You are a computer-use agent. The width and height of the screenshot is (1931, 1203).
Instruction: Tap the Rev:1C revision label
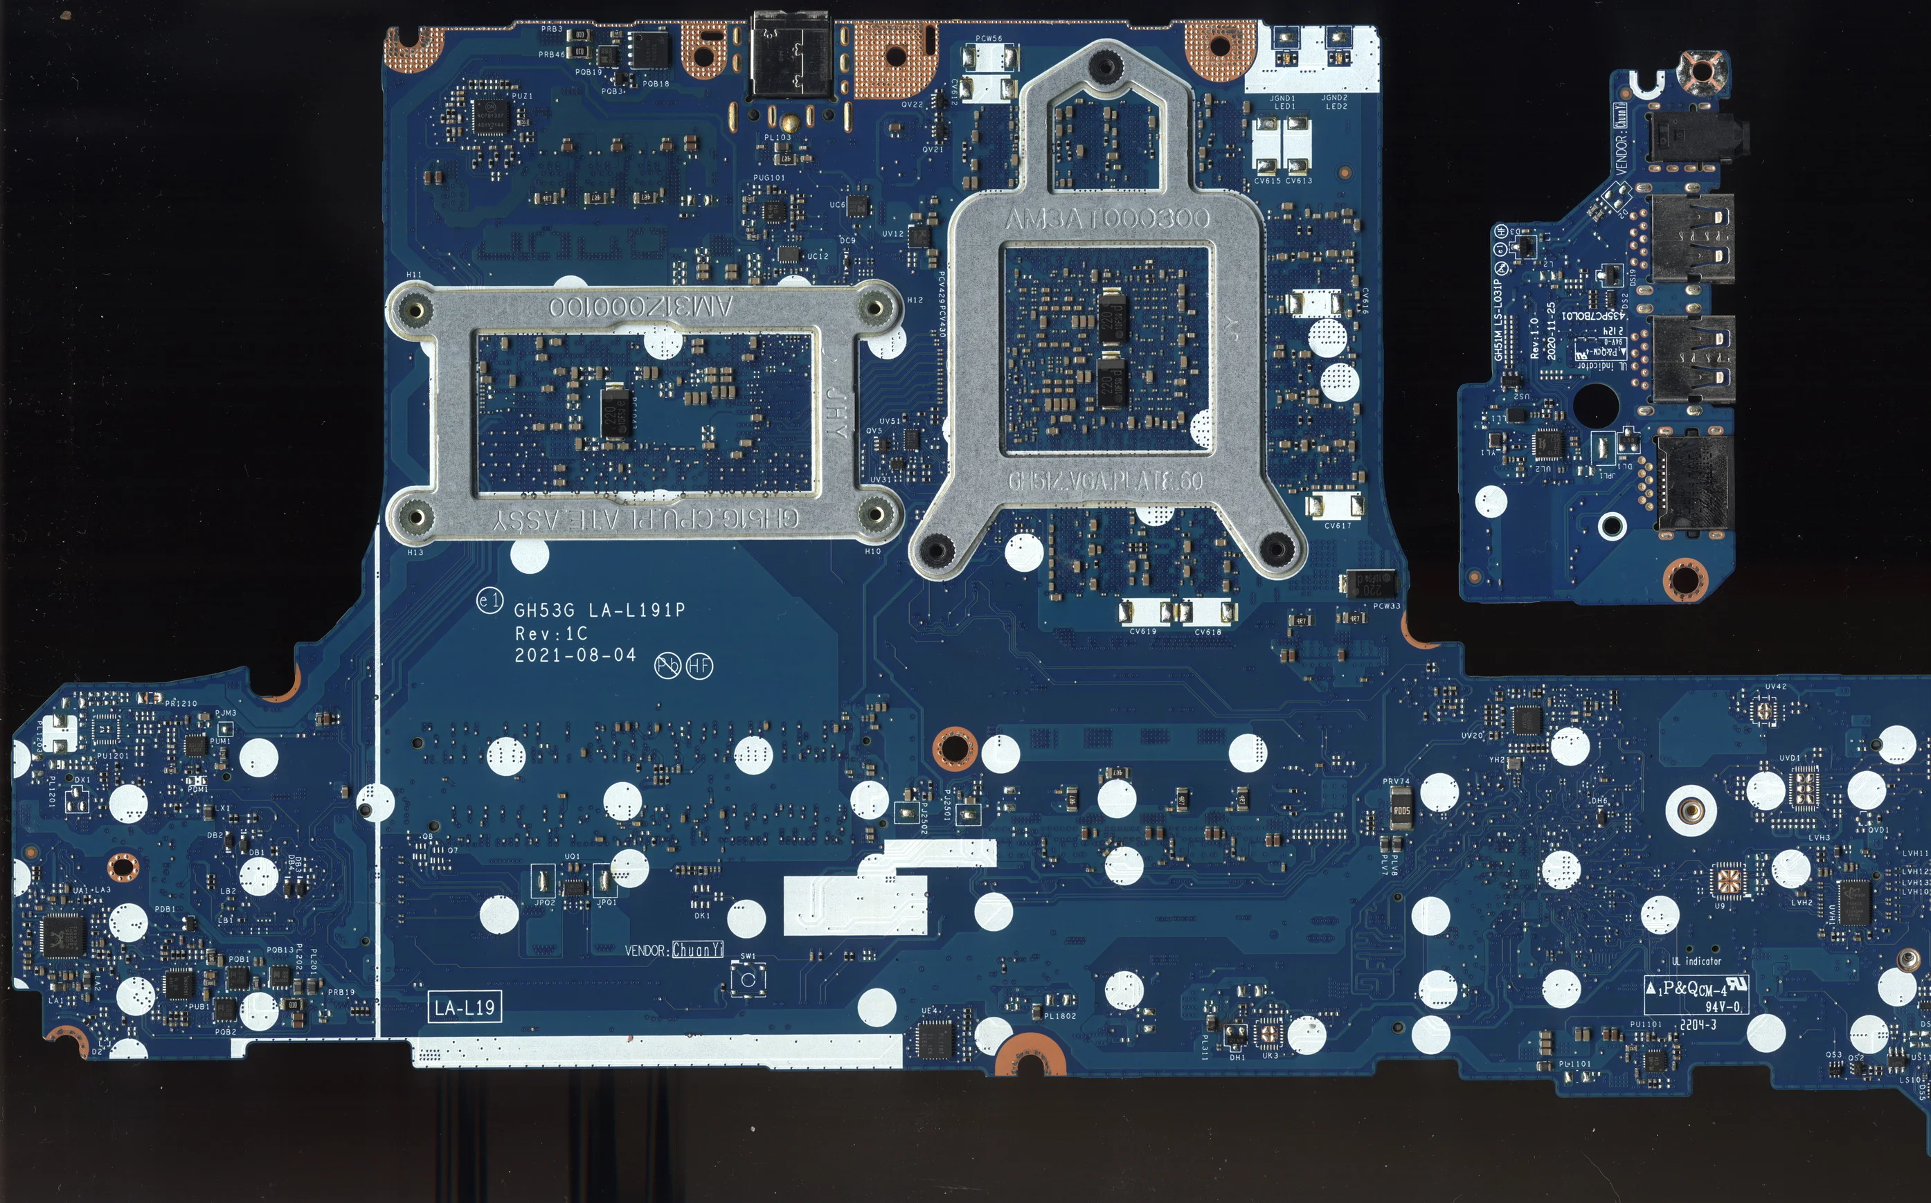[x=550, y=634]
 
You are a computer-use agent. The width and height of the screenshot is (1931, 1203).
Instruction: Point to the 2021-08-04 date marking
[x=575, y=655]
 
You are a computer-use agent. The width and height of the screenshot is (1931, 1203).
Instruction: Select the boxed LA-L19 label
[x=465, y=1008]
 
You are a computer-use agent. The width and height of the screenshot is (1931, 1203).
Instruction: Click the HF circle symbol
[x=699, y=666]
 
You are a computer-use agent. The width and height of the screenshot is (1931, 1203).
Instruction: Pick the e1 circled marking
[x=490, y=601]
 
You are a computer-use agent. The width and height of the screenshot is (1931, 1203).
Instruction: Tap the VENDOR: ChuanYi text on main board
[x=674, y=950]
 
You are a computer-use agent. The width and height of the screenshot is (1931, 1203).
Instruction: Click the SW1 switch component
[x=748, y=980]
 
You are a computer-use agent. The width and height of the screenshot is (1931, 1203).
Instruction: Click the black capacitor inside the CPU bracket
[x=615, y=411]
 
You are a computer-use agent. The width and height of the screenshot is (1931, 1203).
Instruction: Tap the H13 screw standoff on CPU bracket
[x=415, y=517]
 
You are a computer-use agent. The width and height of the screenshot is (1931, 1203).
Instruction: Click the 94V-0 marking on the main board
[x=1722, y=1006]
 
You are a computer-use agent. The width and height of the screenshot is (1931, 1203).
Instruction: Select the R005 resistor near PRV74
[x=1401, y=811]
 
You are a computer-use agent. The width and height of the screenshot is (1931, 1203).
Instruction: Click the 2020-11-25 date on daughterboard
[x=1551, y=331]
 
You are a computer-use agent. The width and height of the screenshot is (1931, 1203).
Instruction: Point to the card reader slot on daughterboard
[x=1692, y=483]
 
